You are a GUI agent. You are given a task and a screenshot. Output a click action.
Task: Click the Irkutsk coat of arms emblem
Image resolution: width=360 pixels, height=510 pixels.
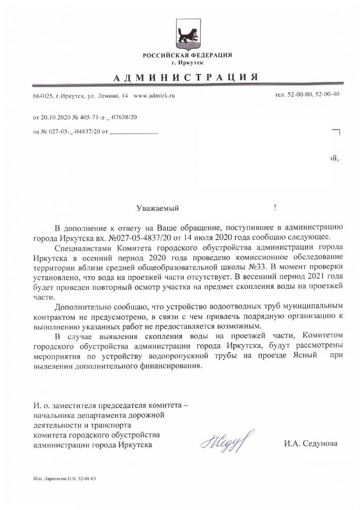[x=187, y=35]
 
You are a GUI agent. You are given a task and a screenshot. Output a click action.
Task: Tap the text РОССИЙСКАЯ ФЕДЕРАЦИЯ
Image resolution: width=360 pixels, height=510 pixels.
[x=187, y=55]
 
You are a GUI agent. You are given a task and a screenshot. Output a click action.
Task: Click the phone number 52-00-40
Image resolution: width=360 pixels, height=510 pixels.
[x=328, y=94]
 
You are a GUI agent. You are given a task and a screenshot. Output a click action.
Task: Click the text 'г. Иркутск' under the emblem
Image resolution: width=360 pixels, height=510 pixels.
[x=187, y=62]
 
